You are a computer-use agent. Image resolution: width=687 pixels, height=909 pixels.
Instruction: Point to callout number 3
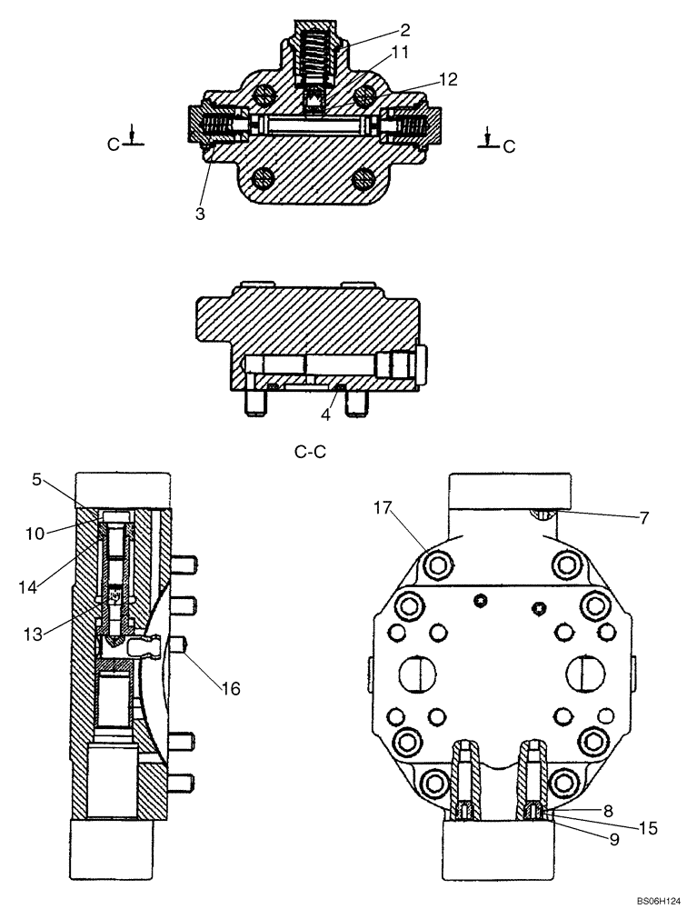199,215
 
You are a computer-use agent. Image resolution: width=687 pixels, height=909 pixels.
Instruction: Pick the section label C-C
312,450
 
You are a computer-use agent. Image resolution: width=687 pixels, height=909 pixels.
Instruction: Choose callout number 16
230,688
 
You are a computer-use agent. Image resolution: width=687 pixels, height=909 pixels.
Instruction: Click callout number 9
614,841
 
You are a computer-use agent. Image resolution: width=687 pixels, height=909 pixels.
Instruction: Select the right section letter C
509,145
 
